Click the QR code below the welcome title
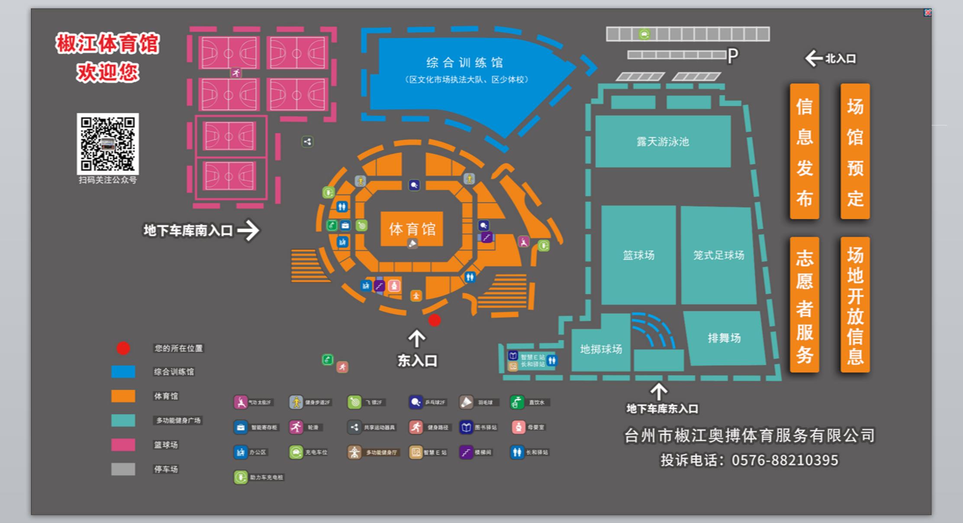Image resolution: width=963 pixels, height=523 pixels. click(108, 144)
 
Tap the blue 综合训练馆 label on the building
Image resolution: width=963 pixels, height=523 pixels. click(464, 63)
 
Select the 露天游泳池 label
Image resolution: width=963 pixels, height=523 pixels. click(663, 142)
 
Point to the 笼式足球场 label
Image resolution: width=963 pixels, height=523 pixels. click(718, 255)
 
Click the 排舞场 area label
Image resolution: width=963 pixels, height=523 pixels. click(724, 338)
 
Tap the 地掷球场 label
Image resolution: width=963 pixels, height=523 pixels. click(601, 349)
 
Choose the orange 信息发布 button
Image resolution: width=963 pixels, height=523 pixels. click(804, 151)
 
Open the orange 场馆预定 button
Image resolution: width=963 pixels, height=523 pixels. click(855, 151)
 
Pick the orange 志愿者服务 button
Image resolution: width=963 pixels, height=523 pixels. click(804, 305)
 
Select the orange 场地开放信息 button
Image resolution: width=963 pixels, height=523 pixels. click(855, 305)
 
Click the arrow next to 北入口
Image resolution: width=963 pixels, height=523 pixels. click(813, 58)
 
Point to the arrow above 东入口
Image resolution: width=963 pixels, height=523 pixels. click(416, 338)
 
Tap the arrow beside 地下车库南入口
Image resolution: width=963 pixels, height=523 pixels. click(249, 230)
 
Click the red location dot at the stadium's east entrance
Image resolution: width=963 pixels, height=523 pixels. click(435, 320)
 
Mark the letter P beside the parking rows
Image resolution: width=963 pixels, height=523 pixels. click(733, 56)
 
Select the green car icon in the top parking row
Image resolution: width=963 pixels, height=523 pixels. click(644, 34)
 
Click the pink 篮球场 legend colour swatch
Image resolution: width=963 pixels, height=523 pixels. click(123, 445)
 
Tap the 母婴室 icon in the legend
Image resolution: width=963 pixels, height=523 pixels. click(518, 427)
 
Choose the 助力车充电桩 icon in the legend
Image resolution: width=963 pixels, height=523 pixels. click(240, 477)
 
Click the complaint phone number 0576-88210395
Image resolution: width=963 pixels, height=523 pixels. click(785, 460)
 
